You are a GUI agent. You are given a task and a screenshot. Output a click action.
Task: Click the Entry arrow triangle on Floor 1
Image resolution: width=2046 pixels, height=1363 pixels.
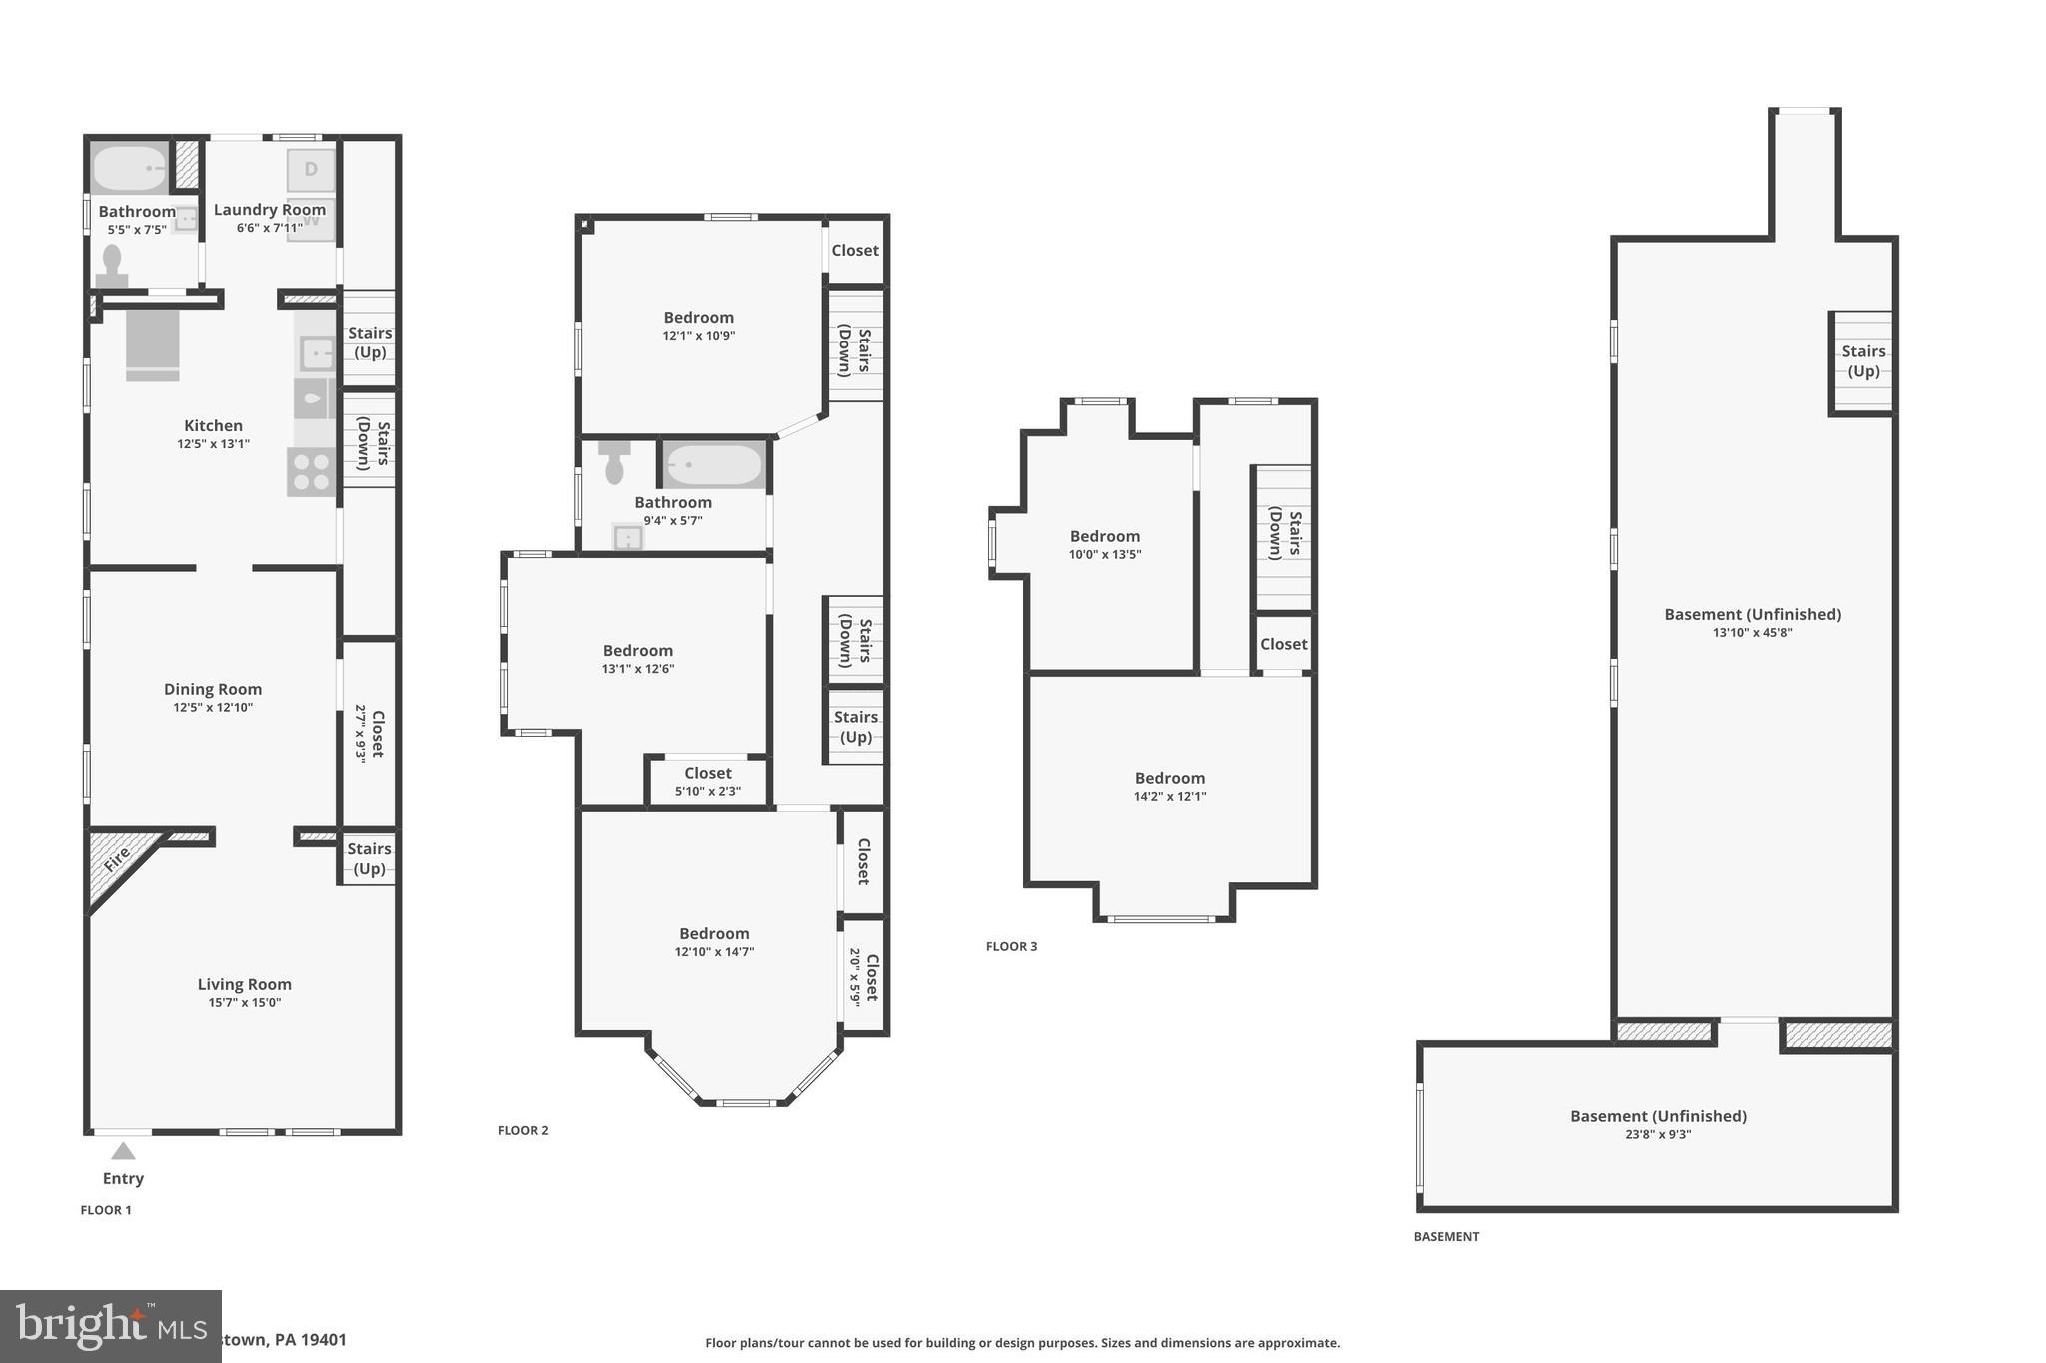[123, 1151]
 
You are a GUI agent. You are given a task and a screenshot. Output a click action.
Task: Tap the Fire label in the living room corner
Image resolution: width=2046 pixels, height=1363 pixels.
[117, 858]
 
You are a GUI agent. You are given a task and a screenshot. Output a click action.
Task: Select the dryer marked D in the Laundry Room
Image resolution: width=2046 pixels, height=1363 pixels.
[311, 169]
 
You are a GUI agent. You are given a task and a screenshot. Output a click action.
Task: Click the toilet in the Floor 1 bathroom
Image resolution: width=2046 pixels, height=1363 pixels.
[112, 266]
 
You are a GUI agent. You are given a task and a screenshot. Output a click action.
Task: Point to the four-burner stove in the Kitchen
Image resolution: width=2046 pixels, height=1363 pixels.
[311, 472]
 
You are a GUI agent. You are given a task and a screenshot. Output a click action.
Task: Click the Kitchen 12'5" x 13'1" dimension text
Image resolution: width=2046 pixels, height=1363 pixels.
[213, 444]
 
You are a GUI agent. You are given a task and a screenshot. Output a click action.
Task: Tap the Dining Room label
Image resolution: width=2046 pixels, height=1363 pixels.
[213, 689]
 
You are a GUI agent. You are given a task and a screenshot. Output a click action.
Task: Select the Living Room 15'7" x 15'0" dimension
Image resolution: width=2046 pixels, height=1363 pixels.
[245, 1003]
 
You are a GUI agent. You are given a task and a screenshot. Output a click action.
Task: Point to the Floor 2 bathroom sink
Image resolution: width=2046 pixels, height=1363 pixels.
[627, 539]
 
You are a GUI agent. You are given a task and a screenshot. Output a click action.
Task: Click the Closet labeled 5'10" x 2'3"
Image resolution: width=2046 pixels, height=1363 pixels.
[708, 781]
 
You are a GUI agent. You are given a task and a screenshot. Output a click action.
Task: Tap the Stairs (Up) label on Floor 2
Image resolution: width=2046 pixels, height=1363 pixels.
[855, 727]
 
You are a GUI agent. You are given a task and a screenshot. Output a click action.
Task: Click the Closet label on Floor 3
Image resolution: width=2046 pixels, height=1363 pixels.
[1283, 644]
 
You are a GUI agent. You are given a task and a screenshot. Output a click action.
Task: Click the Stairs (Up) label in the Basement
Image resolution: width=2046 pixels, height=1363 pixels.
[1863, 361]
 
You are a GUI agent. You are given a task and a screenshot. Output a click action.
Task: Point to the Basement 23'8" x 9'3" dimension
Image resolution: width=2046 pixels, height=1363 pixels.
[1658, 1135]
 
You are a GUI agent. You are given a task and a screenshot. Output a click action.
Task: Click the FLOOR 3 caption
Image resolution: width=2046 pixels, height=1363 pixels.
[1011, 946]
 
